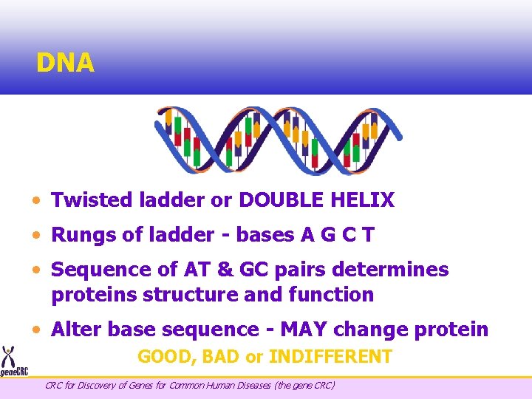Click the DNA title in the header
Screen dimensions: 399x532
pyautogui.click(x=65, y=64)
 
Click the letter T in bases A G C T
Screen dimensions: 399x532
pyautogui.click(x=368, y=235)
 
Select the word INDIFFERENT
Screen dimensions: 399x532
pyautogui.click(x=330, y=357)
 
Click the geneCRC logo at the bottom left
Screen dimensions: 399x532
pyautogui.click(x=13, y=361)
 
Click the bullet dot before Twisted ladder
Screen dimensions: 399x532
pyautogui.click(x=37, y=200)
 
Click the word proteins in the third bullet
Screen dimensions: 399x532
pyautogui.click(x=93, y=294)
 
